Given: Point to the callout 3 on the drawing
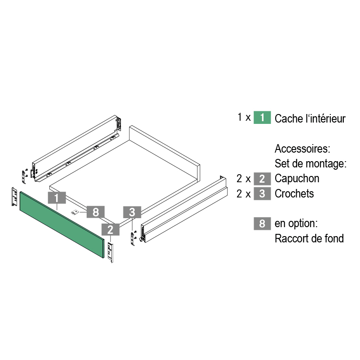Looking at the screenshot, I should click(x=132, y=212).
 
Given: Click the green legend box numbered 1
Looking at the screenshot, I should click(x=262, y=118).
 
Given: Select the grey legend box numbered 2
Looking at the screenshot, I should click(x=262, y=178).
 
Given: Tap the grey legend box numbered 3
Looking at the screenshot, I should click(x=262, y=193).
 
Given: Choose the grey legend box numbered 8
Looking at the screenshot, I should click(x=262, y=223).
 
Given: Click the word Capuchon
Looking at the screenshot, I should click(x=297, y=178).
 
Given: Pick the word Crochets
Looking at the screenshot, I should click(x=294, y=193).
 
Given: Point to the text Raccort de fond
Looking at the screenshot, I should click(x=309, y=238).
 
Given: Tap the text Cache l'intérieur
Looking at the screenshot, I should click(x=310, y=119).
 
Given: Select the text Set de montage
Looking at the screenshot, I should click(x=310, y=163).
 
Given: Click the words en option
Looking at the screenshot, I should click(x=297, y=223).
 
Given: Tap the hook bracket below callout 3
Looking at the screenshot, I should click(x=132, y=238).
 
